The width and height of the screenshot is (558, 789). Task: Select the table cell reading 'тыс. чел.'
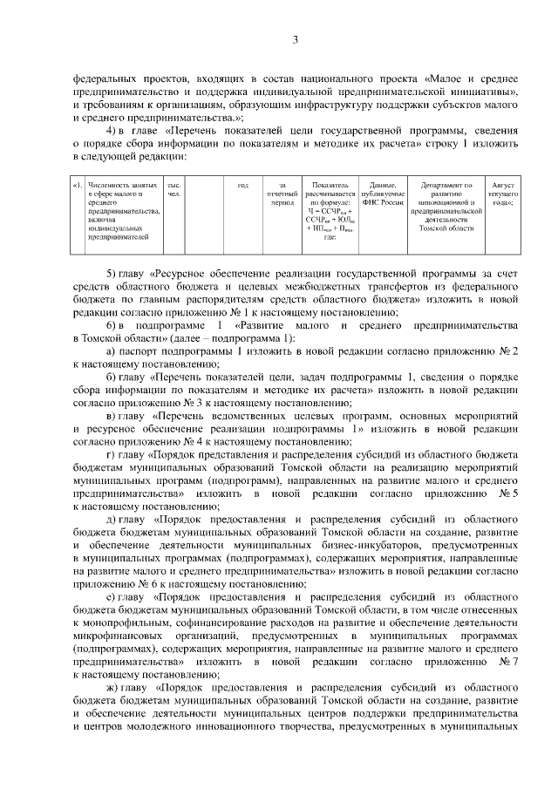[x=174, y=190]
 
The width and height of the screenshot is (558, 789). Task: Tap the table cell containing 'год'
[x=242, y=185]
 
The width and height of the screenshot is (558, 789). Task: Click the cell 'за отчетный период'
[x=281, y=194]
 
